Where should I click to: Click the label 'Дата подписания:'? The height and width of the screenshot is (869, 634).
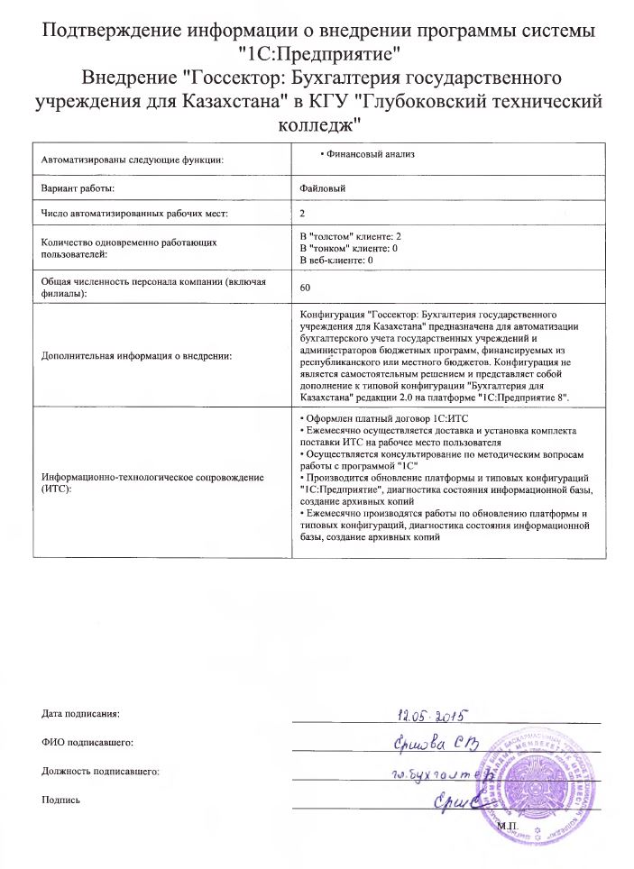(x=80, y=713)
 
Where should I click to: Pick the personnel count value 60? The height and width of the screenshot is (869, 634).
(x=304, y=287)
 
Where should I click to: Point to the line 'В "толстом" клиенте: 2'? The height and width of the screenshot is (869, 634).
(x=350, y=234)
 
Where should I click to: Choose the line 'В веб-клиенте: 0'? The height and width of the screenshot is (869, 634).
(x=336, y=260)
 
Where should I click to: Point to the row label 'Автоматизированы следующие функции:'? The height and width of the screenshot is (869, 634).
(x=132, y=160)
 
